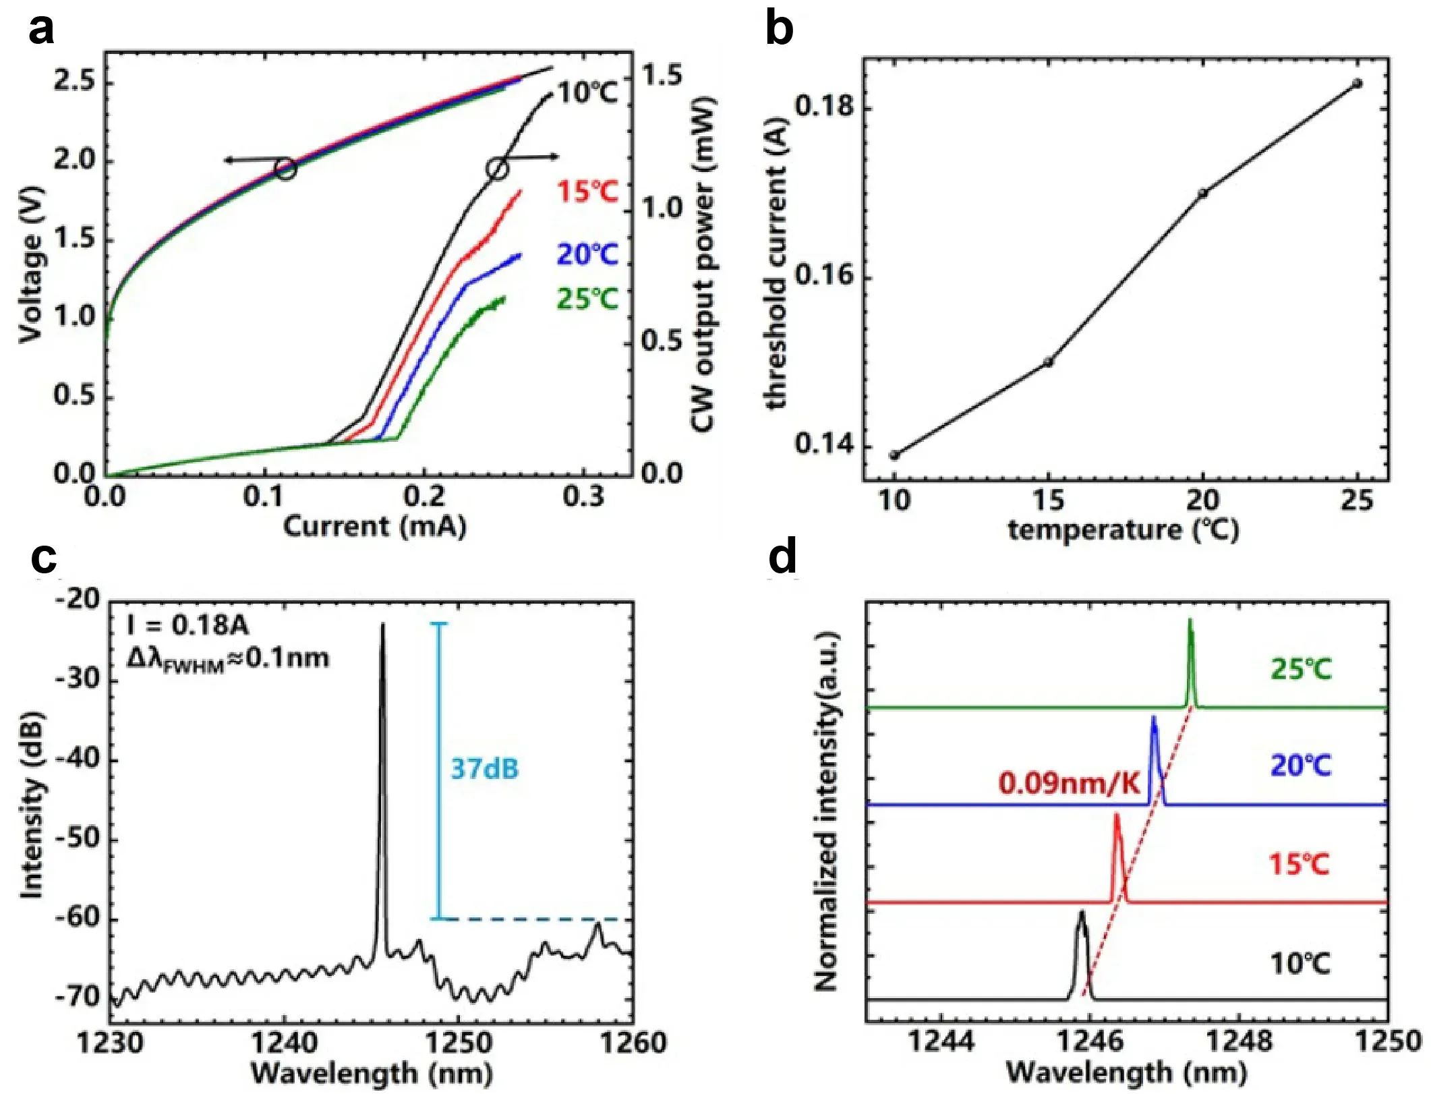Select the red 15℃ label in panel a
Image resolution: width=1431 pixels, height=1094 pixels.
click(x=587, y=192)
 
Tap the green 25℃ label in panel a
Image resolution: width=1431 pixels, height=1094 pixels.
click(x=587, y=299)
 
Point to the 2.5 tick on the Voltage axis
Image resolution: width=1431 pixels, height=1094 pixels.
click(x=75, y=82)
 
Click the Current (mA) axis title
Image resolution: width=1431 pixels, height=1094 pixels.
click(x=374, y=527)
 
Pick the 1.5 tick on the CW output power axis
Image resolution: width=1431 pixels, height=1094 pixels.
click(x=662, y=75)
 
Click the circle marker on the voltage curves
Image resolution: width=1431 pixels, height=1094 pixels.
click(x=286, y=169)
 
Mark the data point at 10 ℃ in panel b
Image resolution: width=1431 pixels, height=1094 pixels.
click(x=894, y=455)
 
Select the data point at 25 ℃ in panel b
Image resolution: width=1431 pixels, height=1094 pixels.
click(x=1357, y=84)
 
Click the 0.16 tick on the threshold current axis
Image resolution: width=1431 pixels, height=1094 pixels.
click(x=824, y=276)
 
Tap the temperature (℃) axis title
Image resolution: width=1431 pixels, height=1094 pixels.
click(x=1123, y=530)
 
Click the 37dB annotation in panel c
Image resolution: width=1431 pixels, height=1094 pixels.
click(x=484, y=769)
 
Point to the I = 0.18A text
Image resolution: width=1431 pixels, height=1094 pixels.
click(x=188, y=625)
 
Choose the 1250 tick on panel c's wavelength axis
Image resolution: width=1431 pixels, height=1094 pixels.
click(x=458, y=1043)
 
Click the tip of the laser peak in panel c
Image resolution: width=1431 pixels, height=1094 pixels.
click(x=383, y=625)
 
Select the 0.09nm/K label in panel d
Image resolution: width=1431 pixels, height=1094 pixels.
click(x=1068, y=783)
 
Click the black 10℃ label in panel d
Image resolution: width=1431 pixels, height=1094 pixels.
click(x=1299, y=964)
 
